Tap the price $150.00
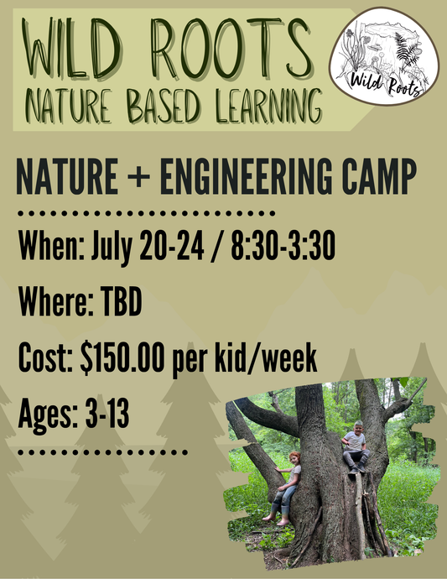(127, 362)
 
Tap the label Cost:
(45, 362)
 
